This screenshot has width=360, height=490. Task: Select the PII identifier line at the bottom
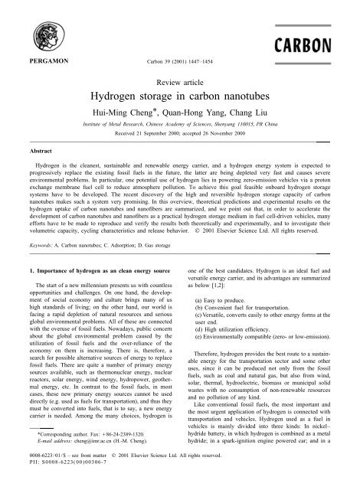64,483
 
